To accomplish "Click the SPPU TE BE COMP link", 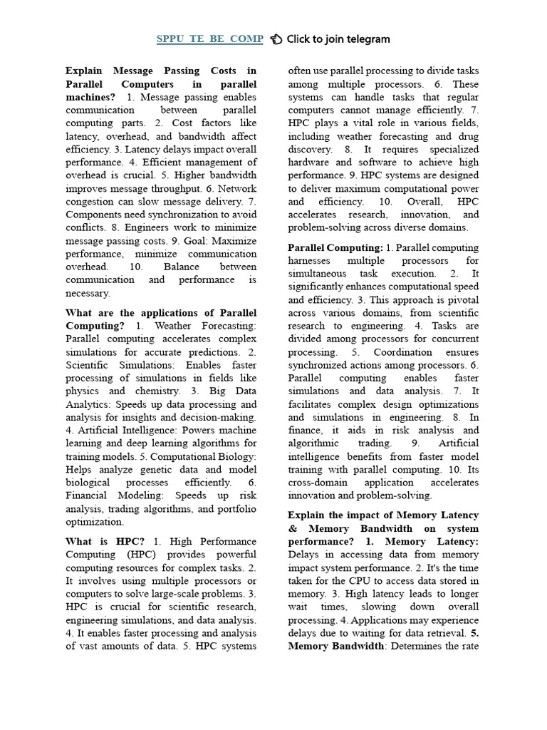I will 209,39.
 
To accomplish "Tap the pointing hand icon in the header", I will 277,39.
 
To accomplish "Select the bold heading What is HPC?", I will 105,541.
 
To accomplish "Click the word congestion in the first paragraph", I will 90,202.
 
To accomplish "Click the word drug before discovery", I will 467,136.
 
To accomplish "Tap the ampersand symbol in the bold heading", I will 293,529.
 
